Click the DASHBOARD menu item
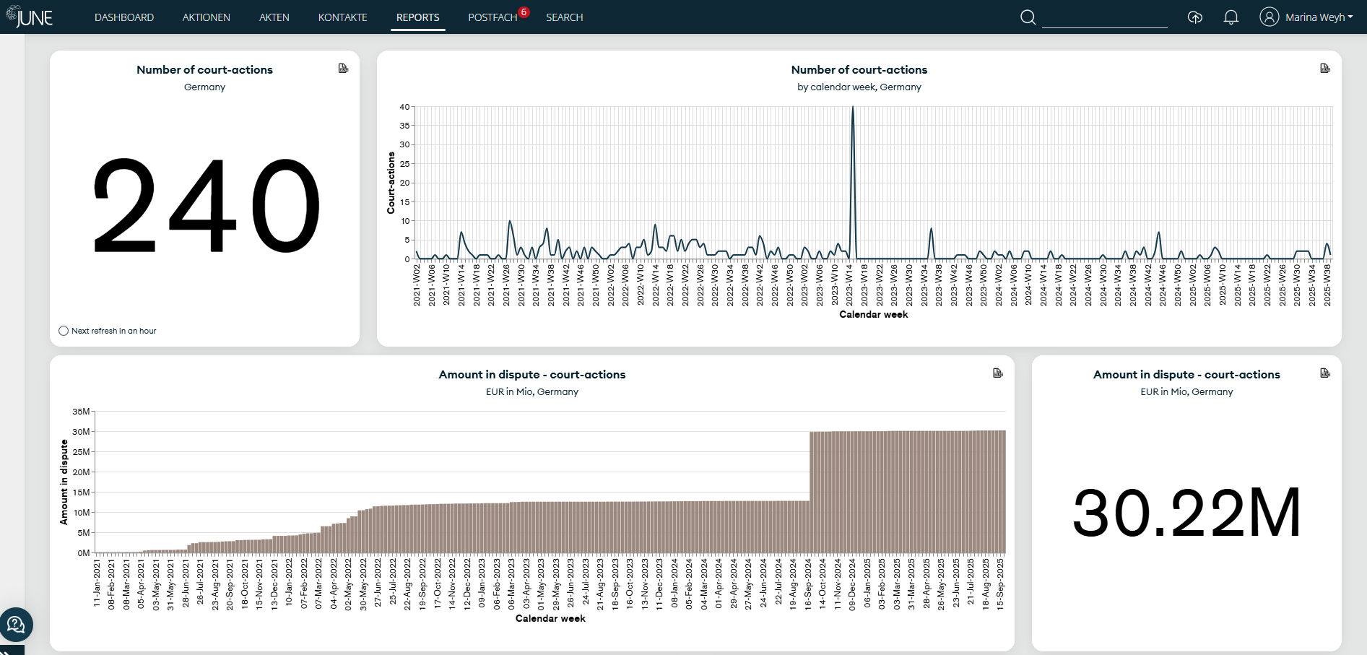point(124,17)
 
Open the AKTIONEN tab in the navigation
point(206,17)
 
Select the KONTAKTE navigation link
point(342,17)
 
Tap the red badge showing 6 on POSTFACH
point(524,12)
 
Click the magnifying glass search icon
point(1028,17)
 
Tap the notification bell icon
point(1231,17)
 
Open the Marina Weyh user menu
point(1306,17)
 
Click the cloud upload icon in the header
point(1195,17)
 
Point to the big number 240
point(205,206)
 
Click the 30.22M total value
point(1186,513)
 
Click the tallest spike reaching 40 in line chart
point(853,108)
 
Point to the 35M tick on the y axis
point(81,412)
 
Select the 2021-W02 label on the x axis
point(417,285)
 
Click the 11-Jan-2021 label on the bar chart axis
point(97,583)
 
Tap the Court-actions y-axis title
point(391,183)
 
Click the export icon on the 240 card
point(343,69)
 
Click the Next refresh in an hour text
point(113,331)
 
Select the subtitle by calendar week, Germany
point(859,87)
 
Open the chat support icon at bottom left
point(16,625)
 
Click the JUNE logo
point(30,17)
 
